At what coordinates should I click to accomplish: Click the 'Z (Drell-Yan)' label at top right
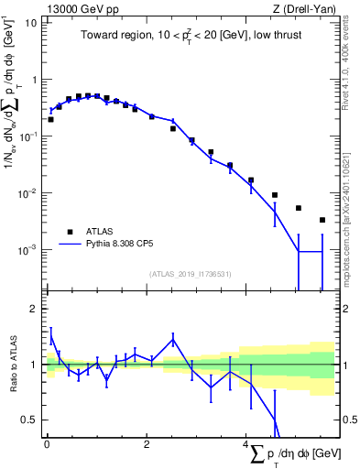305,9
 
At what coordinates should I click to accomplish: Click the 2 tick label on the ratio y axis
33,309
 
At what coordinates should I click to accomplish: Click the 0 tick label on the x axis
47,446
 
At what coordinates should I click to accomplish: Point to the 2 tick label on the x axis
147,446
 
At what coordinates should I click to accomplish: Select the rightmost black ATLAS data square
322,220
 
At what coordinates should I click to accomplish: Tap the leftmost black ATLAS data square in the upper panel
50,119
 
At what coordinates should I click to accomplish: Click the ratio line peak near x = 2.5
173,338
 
